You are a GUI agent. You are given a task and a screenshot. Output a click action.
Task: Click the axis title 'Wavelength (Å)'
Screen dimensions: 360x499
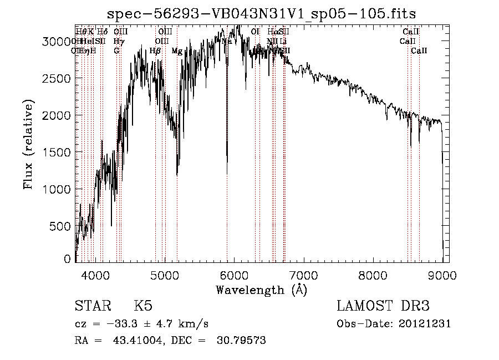pyautogui.click(x=261, y=290)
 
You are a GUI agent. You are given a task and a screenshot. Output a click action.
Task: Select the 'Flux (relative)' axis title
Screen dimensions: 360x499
pyautogui.click(x=28, y=144)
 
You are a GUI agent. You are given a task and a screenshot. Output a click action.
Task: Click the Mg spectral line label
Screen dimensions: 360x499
pyautogui.click(x=177, y=51)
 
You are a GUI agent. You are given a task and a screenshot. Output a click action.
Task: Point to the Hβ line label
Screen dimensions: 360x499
pyautogui.click(x=155, y=51)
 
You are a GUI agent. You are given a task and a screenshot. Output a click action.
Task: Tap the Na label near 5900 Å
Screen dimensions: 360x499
pyautogui.click(x=227, y=41)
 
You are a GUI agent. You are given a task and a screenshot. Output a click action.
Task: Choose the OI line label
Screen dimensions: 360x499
pyautogui.click(x=255, y=32)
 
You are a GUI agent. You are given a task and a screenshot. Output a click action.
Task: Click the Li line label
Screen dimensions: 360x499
pyautogui.click(x=283, y=41)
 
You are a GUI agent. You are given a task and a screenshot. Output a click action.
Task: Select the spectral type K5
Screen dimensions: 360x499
pyautogui.click(x=143, y=307)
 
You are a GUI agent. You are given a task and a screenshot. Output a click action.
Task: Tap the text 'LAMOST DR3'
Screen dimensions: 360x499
pyautogui.click(x=383, y=307)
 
